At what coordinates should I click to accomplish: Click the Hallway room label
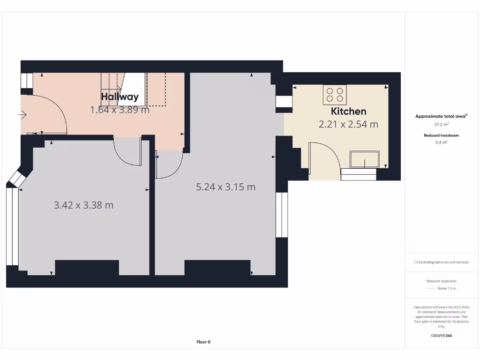click(x=120, y=97)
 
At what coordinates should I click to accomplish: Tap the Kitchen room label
click(x=348, y=111)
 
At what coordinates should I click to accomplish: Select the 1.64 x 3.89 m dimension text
click(x=120, y=110)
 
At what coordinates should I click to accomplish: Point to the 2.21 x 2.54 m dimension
click(x=348, y=124)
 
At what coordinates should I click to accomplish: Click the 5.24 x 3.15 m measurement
click(x=225, y=187)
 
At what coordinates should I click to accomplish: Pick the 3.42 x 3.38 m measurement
click(x=83, y=205)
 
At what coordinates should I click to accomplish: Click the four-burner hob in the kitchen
click(x=334, y=94)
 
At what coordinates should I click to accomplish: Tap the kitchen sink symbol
click(x=365, y=159)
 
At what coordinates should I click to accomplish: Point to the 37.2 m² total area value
click(x=441, y=125)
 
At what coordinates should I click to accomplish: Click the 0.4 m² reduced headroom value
click(x=441, y=142)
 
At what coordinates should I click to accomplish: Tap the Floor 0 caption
click(x=203, y=342)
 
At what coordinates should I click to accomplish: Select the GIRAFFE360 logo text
click(x=441, y=336)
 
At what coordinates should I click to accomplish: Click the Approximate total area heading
click(x=441, y=116)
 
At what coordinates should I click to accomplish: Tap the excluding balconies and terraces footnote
click(x=441, y=262)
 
